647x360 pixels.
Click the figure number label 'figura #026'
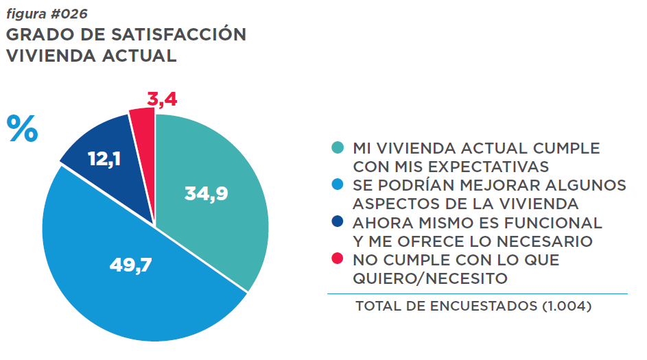(x=47, y=13)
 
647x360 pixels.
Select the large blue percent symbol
(x=22, y=130)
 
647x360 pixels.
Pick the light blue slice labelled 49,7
(x=130, y=274)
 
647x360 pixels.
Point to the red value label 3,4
(x=162, y=99)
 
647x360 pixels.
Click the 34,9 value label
(x=206, y=193)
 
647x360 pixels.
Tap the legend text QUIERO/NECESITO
(x=430, y=278)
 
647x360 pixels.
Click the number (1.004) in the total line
(x=566, y=307)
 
